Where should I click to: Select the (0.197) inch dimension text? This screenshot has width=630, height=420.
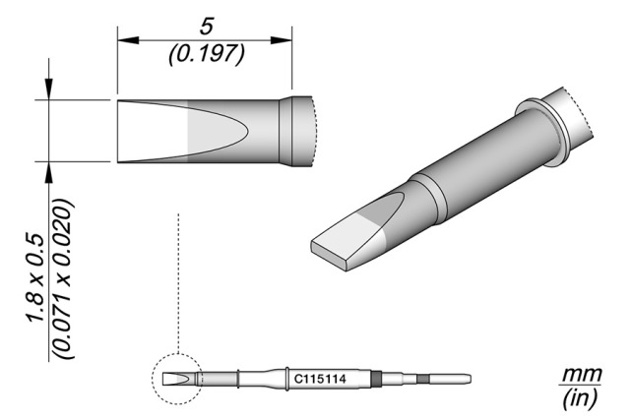pyautogui.click(x=206, y=54)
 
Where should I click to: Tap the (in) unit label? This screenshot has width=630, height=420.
pyautogui.click(x=578, y=399)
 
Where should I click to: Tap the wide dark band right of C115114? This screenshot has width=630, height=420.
pyautogui.click(x=376, y=379)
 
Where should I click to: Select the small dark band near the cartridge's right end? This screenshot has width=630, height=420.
pyautogui.click(x=423, y=380)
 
